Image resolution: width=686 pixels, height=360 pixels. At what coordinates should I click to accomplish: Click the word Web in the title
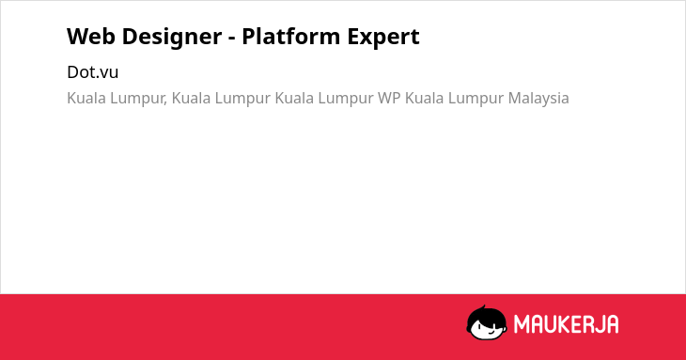tap(91, 37)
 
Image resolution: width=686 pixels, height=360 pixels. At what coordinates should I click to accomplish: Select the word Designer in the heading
tap(172, 38)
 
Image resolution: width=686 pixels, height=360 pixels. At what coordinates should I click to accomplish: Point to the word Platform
tap(291, 36)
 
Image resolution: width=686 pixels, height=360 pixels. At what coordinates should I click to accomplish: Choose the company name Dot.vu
tap(93, 72)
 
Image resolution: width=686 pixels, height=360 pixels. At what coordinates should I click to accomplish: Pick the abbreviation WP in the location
tap(389, 98)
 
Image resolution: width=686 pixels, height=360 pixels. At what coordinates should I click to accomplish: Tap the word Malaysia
tap(538, 99)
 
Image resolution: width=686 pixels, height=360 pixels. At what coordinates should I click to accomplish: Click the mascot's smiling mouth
tap(490, 333)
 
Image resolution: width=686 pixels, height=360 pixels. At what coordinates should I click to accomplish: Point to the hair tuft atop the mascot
tap(483, 307)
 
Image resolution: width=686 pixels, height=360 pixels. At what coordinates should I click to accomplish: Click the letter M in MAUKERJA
tap(521, 324)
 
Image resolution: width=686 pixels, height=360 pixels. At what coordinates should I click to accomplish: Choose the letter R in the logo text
tap(587, 324)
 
